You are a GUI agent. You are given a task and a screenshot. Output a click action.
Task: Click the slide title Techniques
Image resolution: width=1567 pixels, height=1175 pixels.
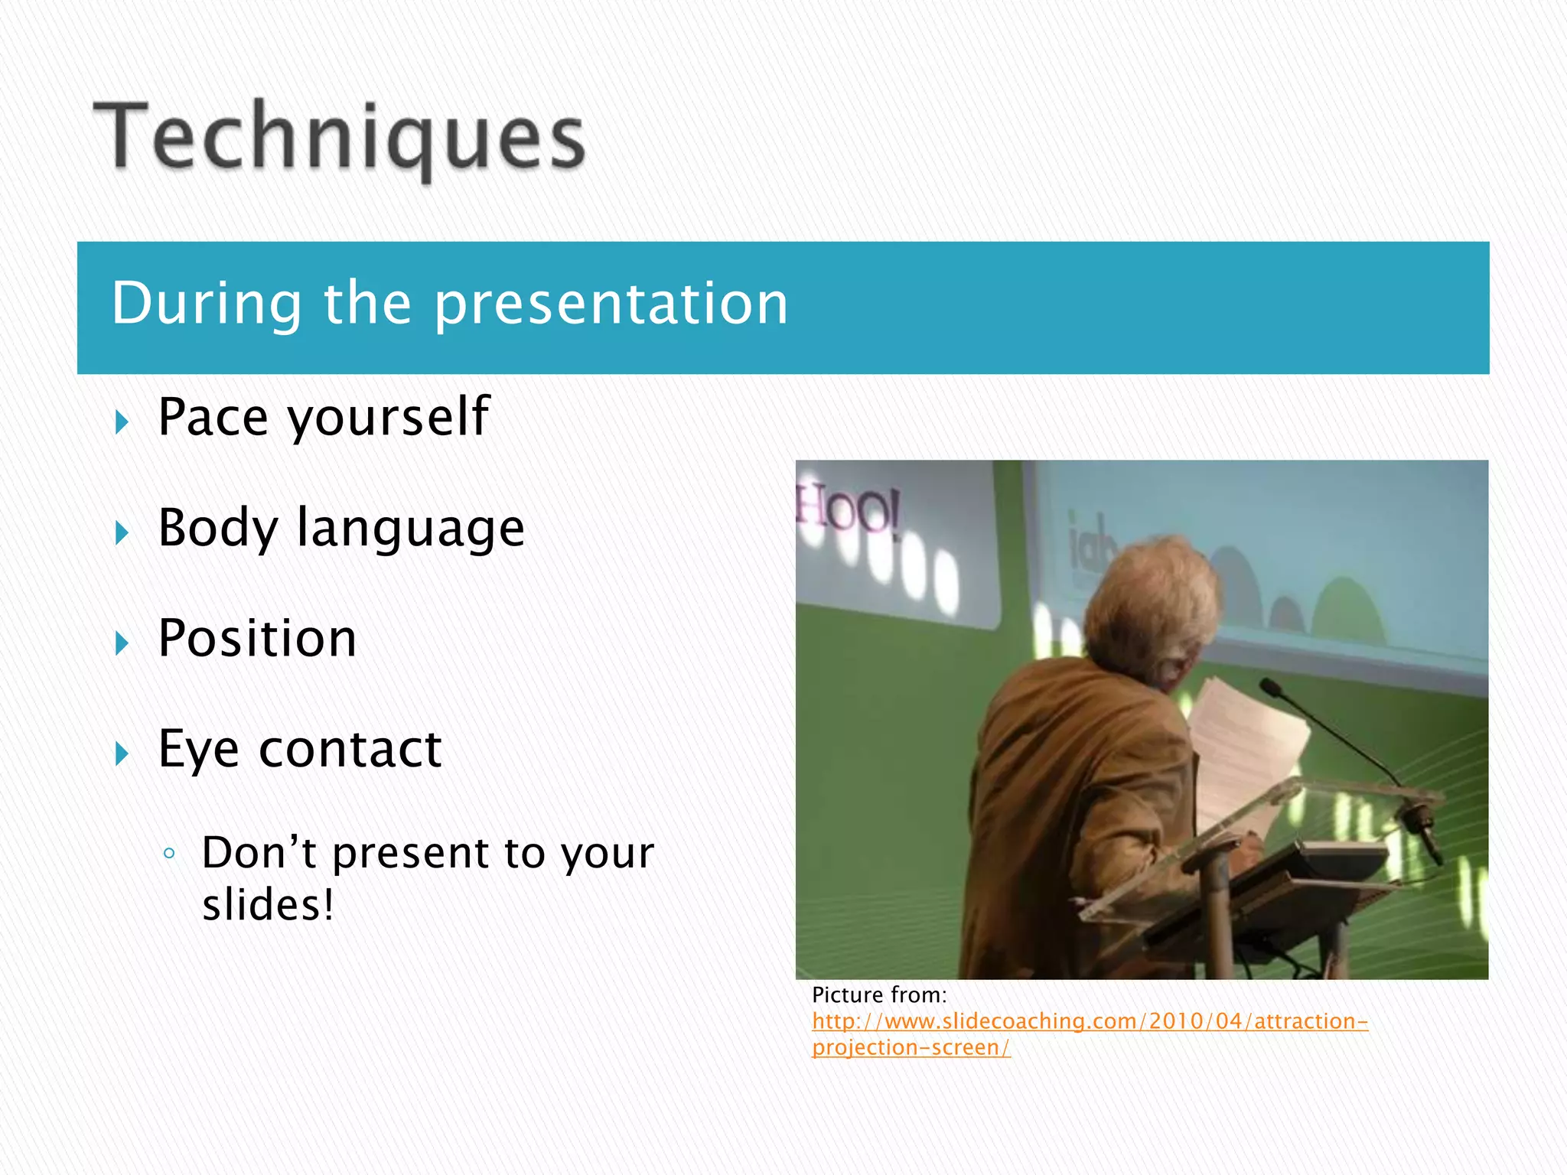pyautogui.click(x=339, y=138)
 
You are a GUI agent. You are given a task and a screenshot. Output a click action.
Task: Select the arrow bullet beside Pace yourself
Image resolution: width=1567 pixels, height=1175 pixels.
pyautogui.click(x=122, y=422)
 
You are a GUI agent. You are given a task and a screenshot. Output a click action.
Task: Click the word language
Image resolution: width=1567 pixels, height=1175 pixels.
pyautogui.click(x=410, y=530)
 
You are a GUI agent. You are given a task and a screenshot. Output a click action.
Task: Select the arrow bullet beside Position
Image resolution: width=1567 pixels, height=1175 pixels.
pyautogui.click(x=122, y=643)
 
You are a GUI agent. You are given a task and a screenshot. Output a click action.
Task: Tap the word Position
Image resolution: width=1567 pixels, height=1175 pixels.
pyautogui.click(x=257, y=639)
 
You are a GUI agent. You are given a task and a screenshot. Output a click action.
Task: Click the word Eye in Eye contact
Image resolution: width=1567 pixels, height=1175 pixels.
pyautogui.click(x=198, y=750)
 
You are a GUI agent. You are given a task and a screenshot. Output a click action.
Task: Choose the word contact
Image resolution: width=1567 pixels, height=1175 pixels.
pyautogui.click(x=350, y=749)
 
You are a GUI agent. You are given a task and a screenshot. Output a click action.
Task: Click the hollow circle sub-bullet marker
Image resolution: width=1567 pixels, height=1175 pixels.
pyautogui.click(x=170, y=853)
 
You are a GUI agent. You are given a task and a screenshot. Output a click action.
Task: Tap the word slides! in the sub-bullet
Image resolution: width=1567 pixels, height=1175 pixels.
pyautogui.click(x=268, y=905)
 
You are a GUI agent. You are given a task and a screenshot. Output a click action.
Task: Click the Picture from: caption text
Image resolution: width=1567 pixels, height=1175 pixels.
pyautogui.click(x=879, y=995)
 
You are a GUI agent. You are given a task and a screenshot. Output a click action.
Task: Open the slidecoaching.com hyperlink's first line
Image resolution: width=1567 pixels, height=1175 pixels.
pyautogui.click(x=1090, y=1021)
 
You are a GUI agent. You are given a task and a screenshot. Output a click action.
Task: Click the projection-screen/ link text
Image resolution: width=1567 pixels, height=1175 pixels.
pyautogui.click(x=911, y=1047)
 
